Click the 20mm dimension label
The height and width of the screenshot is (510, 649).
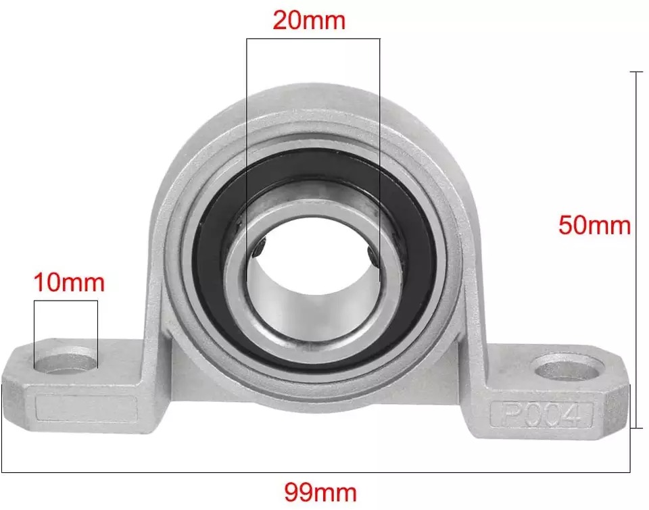(309, 20)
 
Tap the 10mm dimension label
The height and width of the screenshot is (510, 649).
(70, 282)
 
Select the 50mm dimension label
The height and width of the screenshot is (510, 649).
(594, 224)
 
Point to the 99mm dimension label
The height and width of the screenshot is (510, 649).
(320, 491)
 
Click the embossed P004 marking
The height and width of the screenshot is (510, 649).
(540, 414)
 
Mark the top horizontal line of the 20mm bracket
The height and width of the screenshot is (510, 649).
(313, 39)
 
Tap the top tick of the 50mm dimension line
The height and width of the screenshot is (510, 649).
(636, 72)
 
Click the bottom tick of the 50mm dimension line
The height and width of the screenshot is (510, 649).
(636, 428)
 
